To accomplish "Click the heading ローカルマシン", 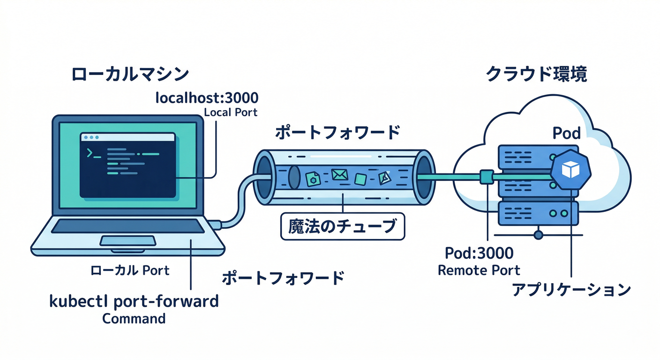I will [x=130, y=75].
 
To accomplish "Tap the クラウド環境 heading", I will [x=536, y=75].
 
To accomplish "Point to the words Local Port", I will [x=231, y=113].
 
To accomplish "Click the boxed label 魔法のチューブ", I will [x=342, y=227].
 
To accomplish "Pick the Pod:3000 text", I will [x=479, y=254].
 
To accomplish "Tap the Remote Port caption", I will [x=479, y=270].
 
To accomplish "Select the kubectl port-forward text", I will [x=134, y=300].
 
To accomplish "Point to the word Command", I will [x=134, y=319].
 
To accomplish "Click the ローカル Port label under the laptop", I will [x=130, y=270].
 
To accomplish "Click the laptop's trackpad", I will [x=128, y=241].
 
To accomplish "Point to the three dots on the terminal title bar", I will [x=91, y=137].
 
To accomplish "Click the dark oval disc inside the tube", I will [x=294, y=176].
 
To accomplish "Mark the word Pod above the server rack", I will [x=567, y=134].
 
